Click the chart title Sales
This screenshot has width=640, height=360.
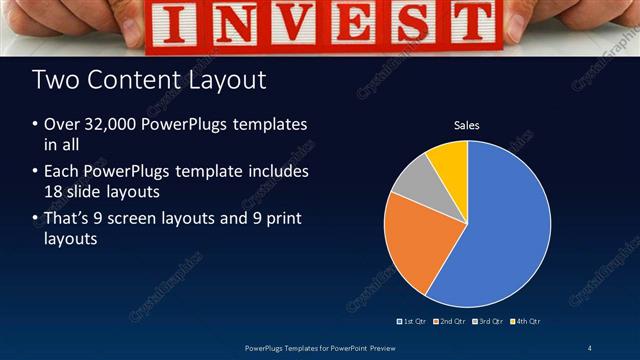tap(467, 125)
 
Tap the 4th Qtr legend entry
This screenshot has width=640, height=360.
tap(527, 321)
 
